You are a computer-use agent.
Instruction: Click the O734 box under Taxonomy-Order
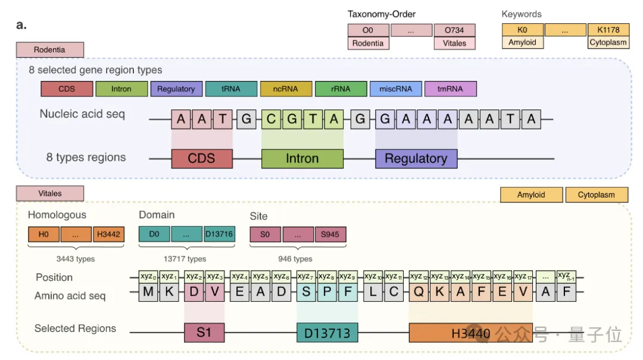[x=455, y=30]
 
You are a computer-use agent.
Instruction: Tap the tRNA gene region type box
[x=231, y=89]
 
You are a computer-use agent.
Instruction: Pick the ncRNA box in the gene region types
[x=286, y=89]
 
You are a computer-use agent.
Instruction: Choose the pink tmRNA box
[x=451, y=89]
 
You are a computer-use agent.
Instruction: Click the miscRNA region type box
[x=395, y=89]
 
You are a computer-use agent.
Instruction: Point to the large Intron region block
[x=302, y=159]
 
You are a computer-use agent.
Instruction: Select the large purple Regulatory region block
[x=416, y=159]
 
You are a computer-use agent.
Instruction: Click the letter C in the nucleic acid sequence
[x=271, y=120]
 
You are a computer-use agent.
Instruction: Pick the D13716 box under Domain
[x=219, y=234]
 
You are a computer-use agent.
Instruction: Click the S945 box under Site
[x=330, y=234]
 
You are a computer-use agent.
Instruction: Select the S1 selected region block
[x=204, y=332]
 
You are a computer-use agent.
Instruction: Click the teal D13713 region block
[x=327, y=333]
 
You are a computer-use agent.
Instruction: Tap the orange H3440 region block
[x=470, y=333]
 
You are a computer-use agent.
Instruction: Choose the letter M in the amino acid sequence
[x=148, y=292]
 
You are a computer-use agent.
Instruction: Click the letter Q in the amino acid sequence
[x=419, y=292]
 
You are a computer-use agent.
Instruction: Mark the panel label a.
[x=21, y=26]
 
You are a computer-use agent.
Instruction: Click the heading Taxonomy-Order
[x=382, y=14]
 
